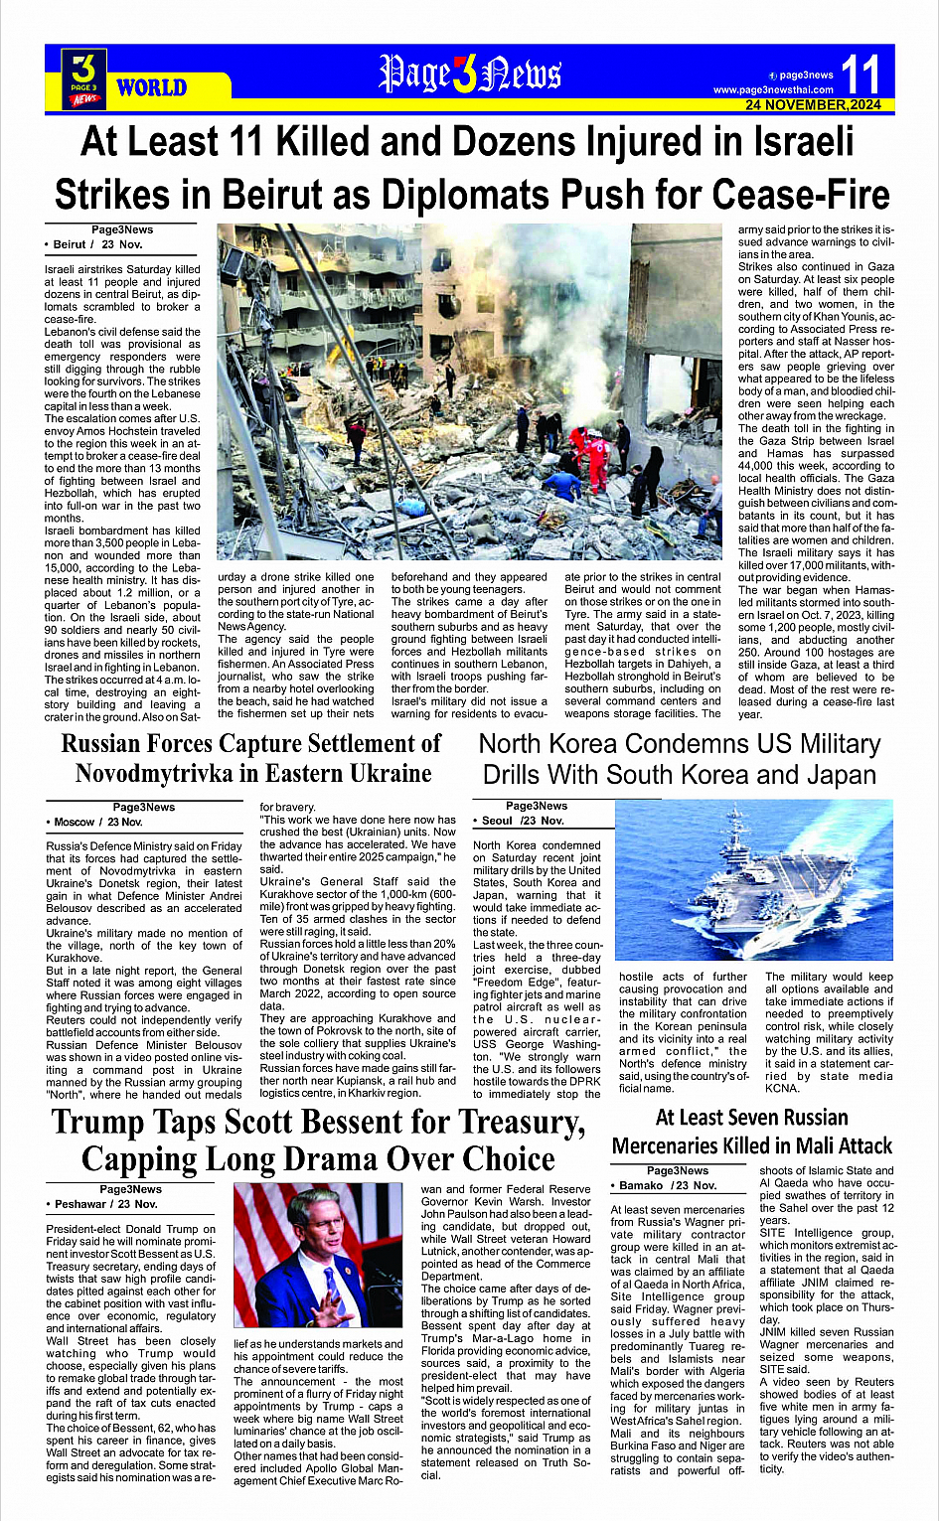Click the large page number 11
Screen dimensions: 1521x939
tap(860, 75)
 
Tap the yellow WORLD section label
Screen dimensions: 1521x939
tap(152, 87)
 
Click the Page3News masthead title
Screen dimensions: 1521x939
tap(470, 75)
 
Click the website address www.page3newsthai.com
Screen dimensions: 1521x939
tap(773, 90)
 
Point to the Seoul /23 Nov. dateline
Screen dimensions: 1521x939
tap(523, 821)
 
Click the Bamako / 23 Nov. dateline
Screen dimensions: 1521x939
tap(667, 1185)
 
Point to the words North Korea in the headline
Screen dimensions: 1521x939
tap(548, 745)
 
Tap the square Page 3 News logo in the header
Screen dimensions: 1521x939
tap(84, 78)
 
